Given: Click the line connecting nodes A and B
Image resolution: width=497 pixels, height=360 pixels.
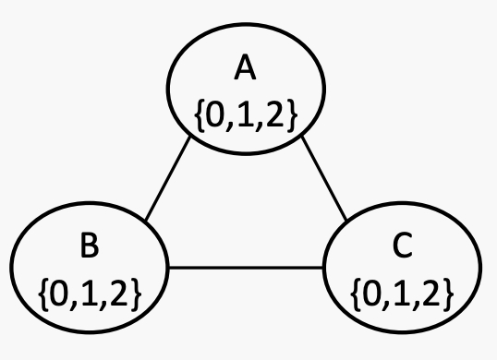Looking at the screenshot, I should coord(168,180).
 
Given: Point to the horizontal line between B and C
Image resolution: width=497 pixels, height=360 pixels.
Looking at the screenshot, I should coord(246,268).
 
